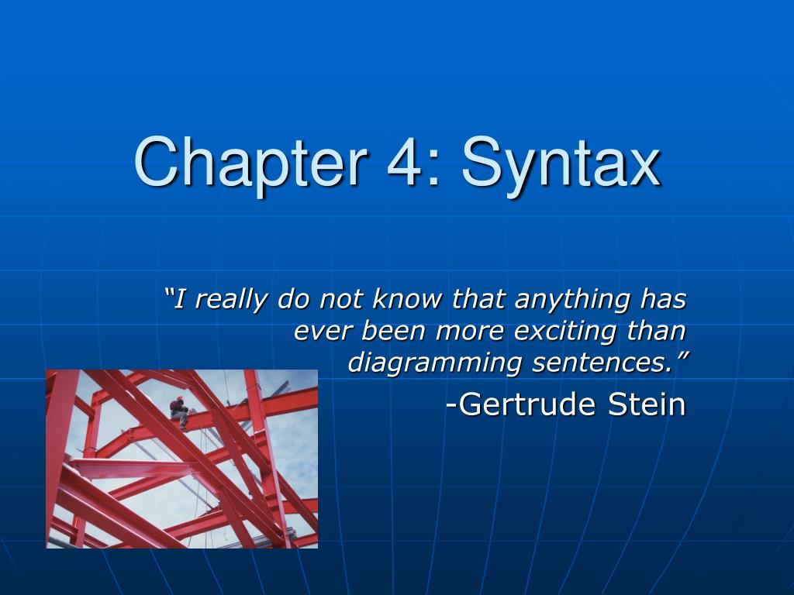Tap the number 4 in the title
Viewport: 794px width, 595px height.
[x=405, y=162]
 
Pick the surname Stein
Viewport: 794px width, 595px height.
[x=647, y=404]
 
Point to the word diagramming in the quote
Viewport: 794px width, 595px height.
[x=435, y=363]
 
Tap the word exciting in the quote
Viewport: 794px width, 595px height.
[x=565, y=332]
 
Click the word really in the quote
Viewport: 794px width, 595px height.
[x=230, y=300]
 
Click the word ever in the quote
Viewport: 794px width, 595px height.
[x=323, y=332]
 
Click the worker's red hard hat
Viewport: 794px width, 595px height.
[x=180, y=399]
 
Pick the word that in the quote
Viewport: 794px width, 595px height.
[x=478, y=298]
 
